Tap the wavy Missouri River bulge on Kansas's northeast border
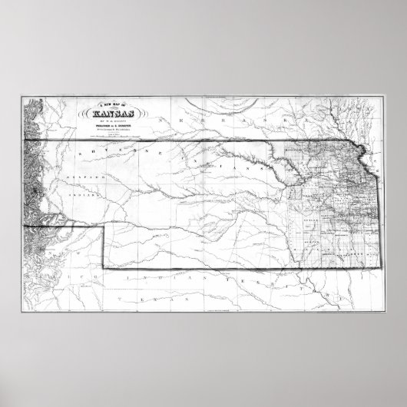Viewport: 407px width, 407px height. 362,154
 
